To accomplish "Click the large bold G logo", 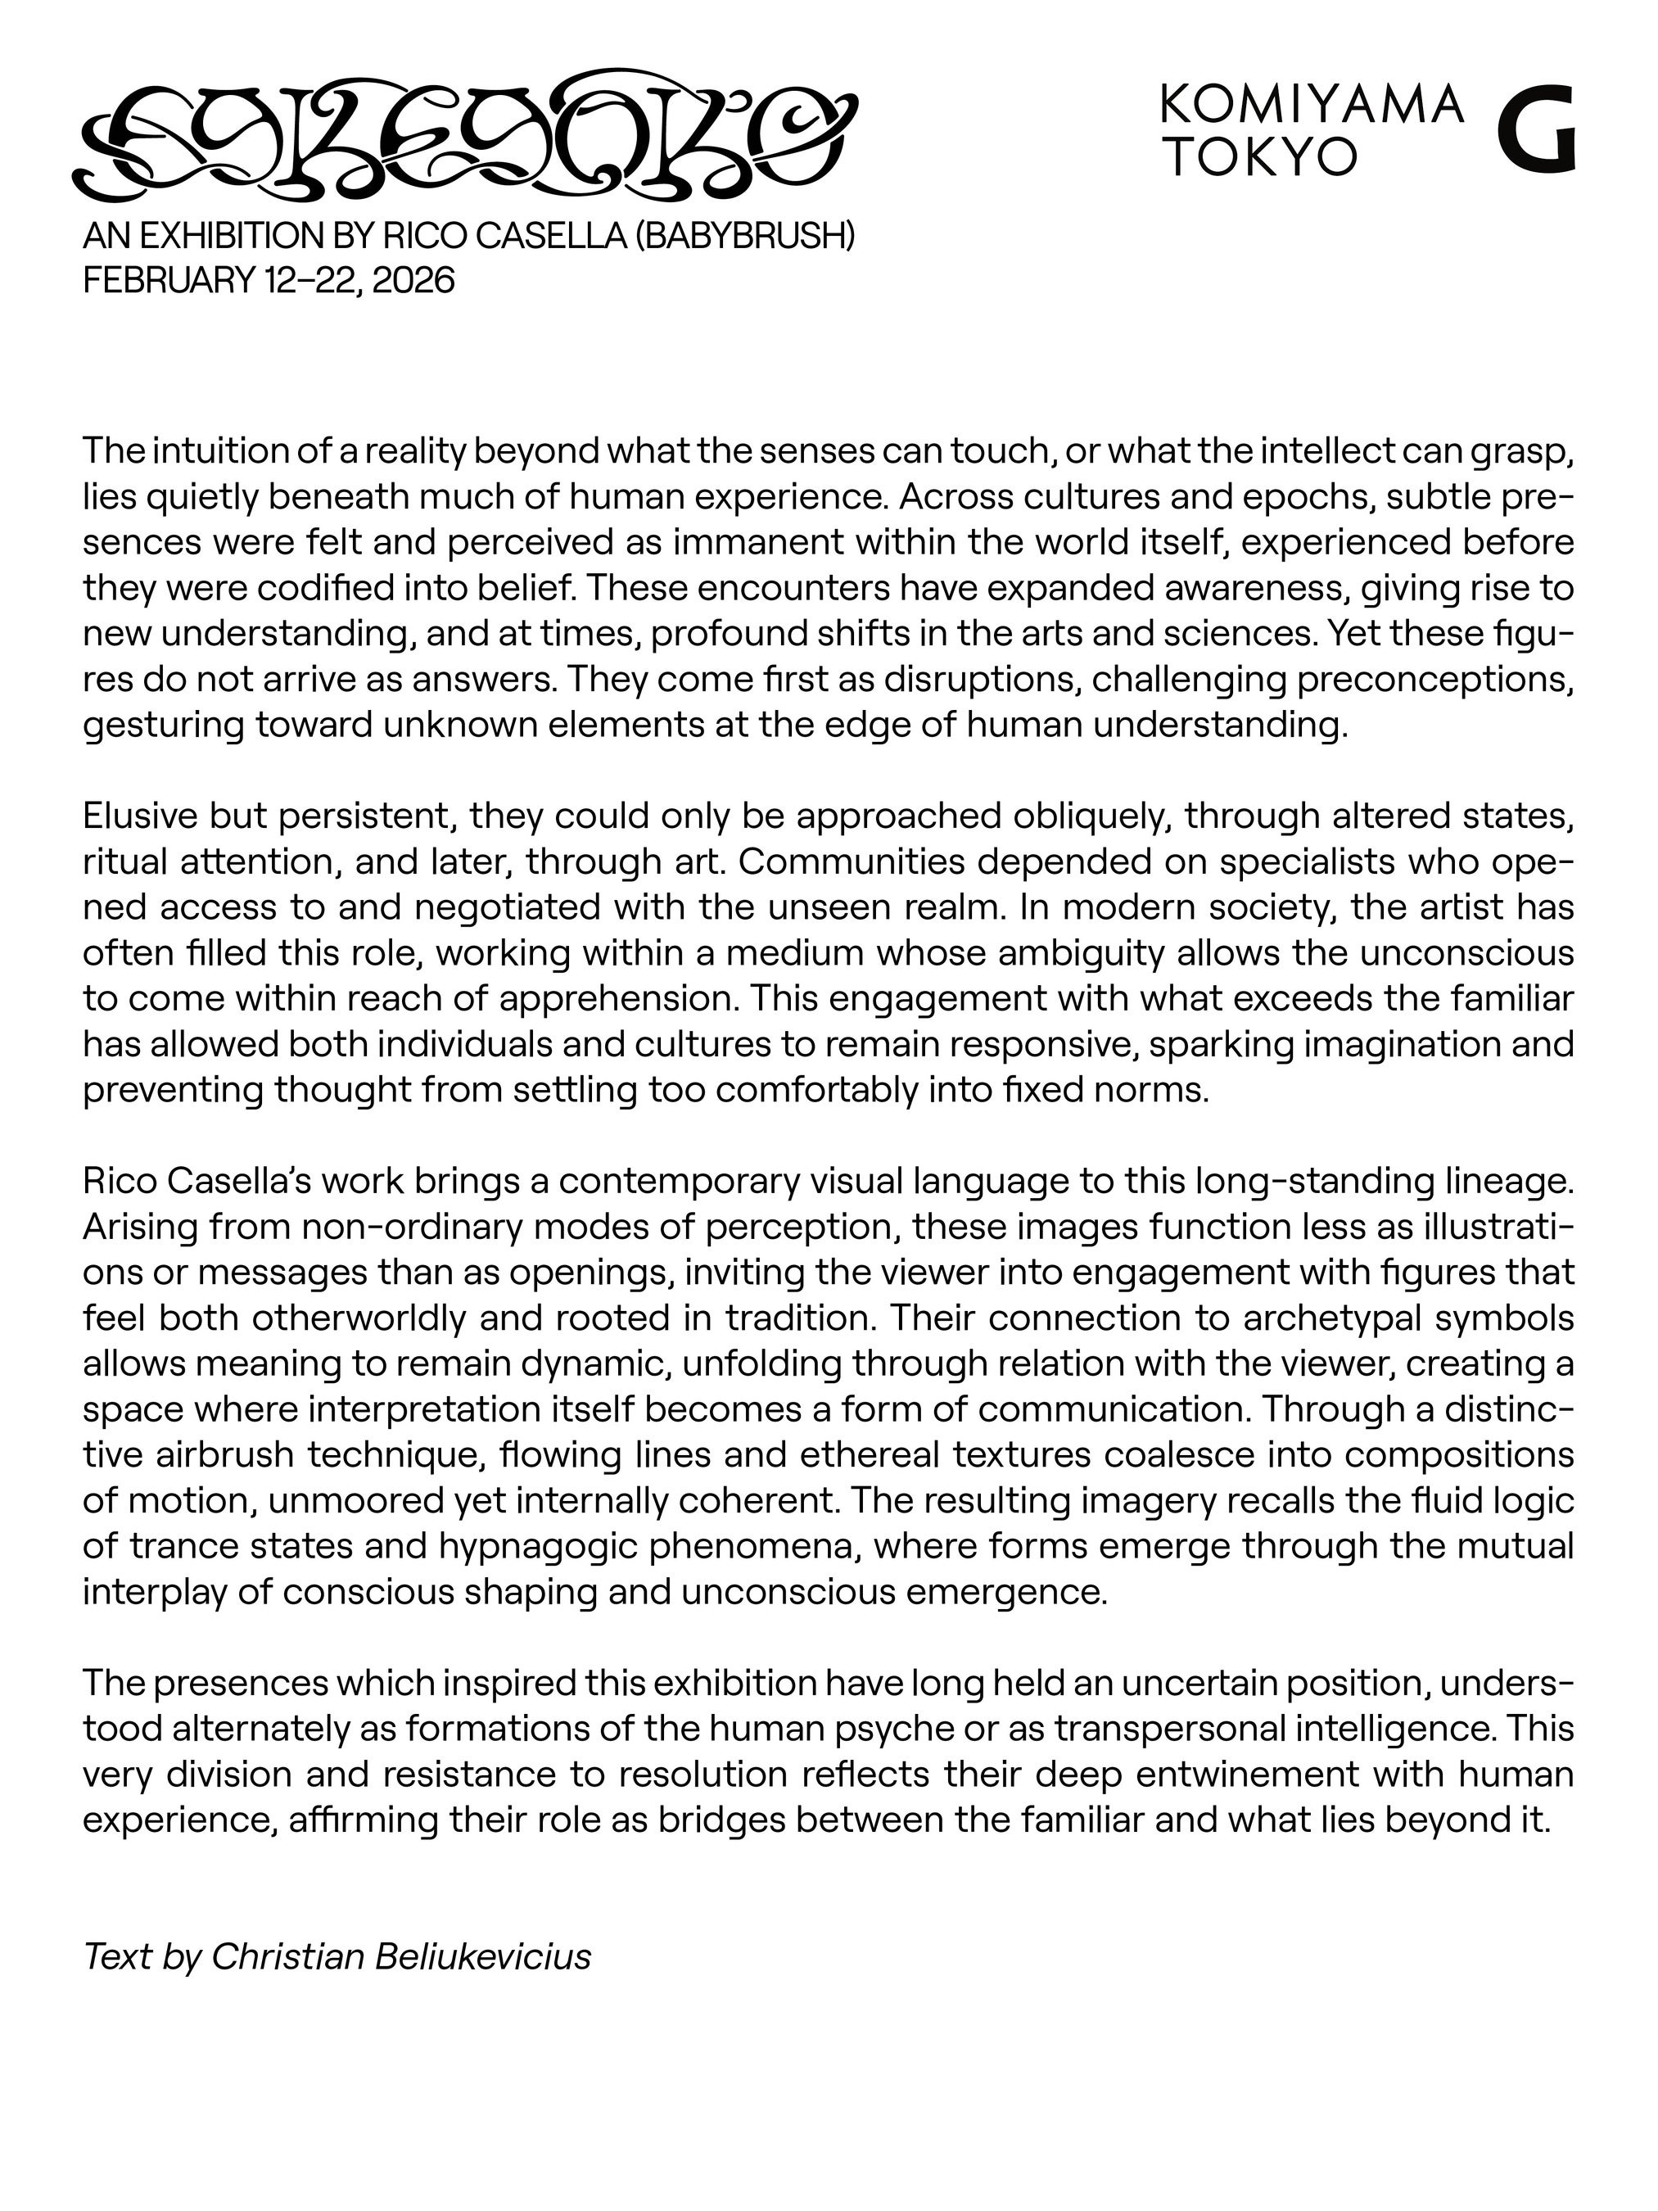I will (x=1537, y=131).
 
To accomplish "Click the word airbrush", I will (x=223, y=1454).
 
